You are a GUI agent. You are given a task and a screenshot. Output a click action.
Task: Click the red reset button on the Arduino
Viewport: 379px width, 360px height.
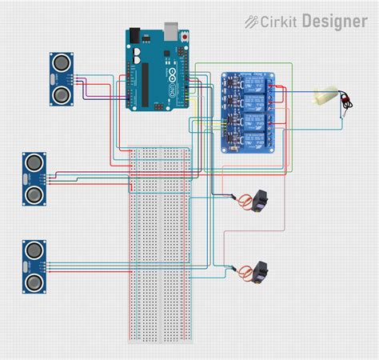(186, 38)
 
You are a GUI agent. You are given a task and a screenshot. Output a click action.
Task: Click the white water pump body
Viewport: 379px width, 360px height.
(325, 97)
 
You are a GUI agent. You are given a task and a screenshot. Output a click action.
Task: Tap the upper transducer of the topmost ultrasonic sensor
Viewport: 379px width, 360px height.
(60, 62)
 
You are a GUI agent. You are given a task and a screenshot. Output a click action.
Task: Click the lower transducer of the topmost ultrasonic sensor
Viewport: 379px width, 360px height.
(60, 95)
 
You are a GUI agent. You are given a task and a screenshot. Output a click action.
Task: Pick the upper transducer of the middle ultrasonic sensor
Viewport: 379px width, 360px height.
(34, 162)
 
